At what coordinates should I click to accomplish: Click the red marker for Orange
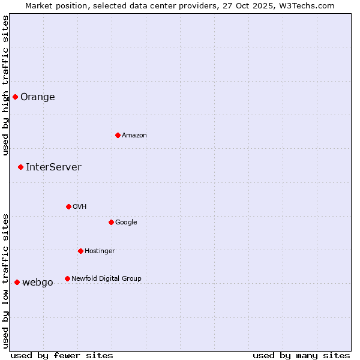click(x=15, y=97)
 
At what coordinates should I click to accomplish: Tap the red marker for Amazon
click(x=118, y=135)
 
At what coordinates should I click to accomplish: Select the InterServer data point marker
click(x=20, y=167)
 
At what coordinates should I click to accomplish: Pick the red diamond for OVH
click(x=68, y=206)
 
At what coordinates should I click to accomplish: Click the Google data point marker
click(x=111, y=222)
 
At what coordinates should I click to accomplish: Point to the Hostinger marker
click(x=80, y=251)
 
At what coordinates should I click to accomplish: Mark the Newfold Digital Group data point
click(x=67, y=278)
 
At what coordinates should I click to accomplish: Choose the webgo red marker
click(x=17, y=282)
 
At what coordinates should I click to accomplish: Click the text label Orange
click(x=38, y=97)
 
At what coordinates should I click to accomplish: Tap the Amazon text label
click(x=134, y=136)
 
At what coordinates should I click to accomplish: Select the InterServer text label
click(x=53, y=167)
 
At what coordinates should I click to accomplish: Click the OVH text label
click(x=80, y=207)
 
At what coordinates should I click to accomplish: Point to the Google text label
click(x=126, y=223)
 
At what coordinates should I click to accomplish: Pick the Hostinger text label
click(x=100, y=251)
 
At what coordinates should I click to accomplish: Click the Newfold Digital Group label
click(x=106, y=279)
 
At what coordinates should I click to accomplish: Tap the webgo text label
click(x=38, y=283)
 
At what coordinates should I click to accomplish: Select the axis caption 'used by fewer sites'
click(x=62, y=355)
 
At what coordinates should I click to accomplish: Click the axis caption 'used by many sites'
click(x=301, y=355)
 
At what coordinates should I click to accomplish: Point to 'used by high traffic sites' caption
click(x=5, y=85)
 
